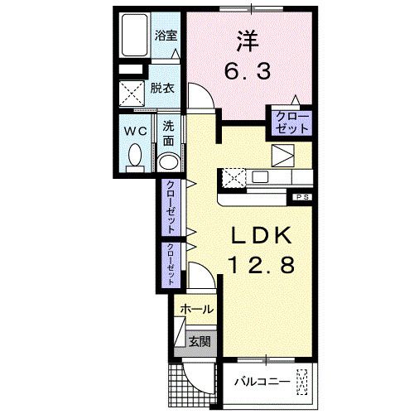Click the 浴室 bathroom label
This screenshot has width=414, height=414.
[x=166, y=35]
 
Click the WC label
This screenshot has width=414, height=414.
[x=135, y=130]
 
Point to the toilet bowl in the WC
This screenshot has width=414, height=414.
[x=135, y=156]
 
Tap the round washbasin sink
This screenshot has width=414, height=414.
[x=168, y=161]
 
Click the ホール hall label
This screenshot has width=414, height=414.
[x=196, y=310]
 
